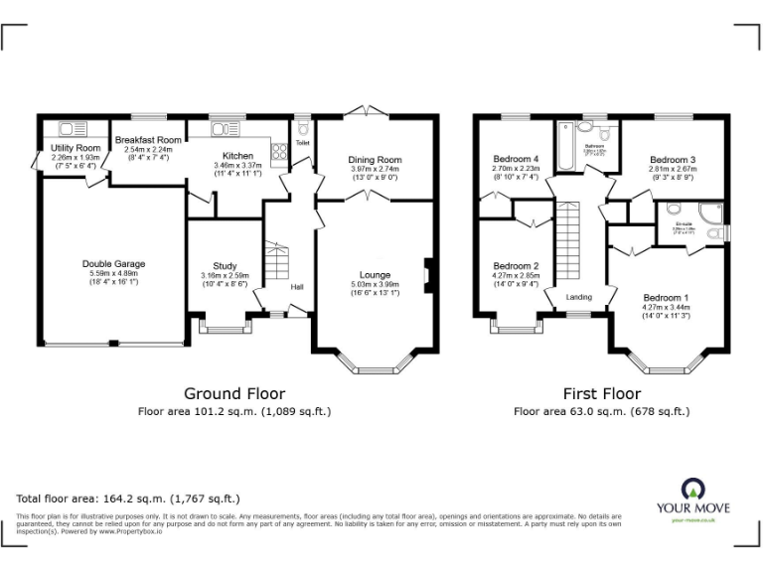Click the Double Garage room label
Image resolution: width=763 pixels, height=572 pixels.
click(113, 263)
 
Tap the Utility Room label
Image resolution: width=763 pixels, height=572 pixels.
click(76, 148)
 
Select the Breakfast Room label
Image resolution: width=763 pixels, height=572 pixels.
click(148, 140)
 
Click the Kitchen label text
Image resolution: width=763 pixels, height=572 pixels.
click(237, 156)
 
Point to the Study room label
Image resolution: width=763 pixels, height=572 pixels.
click(225, 264)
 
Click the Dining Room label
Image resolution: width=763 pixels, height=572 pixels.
click(375, 160)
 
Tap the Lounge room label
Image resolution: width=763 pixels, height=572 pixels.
click(375, 274)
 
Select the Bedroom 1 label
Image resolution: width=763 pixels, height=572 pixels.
click(665, 298)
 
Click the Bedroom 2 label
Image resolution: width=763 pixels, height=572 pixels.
click(516, 265)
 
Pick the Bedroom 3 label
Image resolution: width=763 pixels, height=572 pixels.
click(673, 160)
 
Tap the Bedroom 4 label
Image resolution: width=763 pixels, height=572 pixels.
click(516, 159)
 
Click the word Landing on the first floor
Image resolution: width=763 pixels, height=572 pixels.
click(578, 296)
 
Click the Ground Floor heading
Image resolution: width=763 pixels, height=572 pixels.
click(234, 392)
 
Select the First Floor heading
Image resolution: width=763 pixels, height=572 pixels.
click(601, 392)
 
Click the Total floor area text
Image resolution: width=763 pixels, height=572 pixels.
click(128, 498)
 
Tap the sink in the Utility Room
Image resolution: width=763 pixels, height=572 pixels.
click(71, 127)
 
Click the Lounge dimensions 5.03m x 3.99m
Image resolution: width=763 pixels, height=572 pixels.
click(375, 284)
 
